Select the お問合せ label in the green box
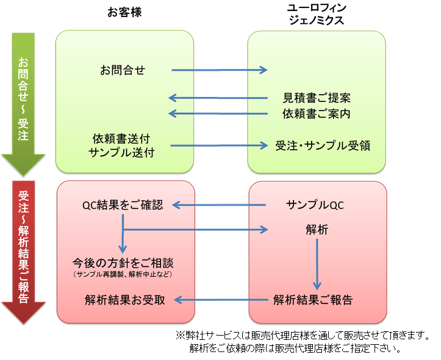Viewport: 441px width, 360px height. click(123, 70)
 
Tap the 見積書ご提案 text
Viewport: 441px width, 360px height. click(316, 98)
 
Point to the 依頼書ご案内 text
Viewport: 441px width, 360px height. click(316, 113)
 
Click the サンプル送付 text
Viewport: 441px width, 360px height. click(121, 153)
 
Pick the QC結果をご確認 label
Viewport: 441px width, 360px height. click(123, 205)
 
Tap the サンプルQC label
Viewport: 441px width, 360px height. click(315, 205)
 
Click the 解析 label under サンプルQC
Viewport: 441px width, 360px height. click(317, 229)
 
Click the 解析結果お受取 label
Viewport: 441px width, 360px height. click(125, 300)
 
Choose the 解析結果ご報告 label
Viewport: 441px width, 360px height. click(313, 300)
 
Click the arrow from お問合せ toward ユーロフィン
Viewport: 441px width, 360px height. click(220, 70)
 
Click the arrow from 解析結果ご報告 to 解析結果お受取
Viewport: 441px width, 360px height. click(222, 300)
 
